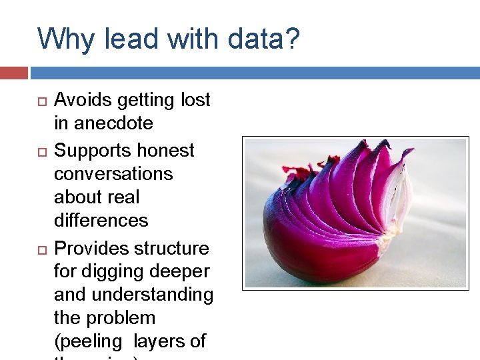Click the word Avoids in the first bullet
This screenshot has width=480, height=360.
(83, 100)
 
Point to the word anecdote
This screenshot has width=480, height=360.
(113, 123)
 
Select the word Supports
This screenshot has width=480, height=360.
(90, 151)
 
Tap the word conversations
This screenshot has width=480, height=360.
(113, 174)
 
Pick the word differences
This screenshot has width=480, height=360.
(101, 220)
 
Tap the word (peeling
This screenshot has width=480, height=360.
(89, 342)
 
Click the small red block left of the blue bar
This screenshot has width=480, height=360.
(13, 73)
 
